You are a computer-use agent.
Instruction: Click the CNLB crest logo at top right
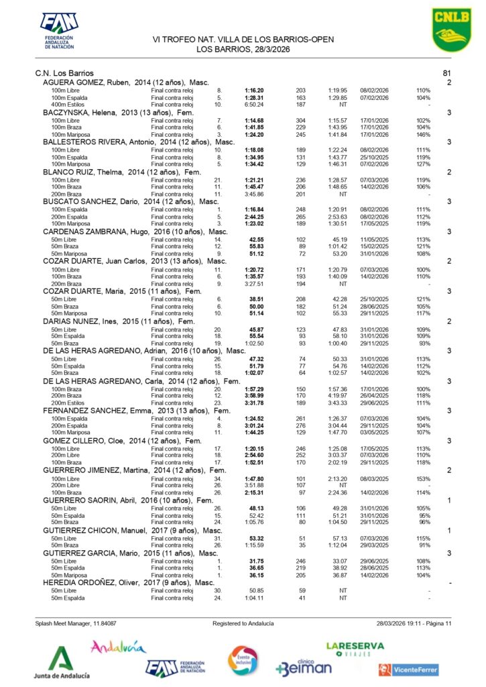click(448, 30)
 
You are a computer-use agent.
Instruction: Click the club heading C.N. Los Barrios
click(64, 72)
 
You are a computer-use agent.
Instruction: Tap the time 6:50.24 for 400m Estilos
click(253, 105)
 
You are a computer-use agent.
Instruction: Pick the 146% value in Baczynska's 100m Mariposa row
click(423, 135)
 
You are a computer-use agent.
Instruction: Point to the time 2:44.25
click(253, 217)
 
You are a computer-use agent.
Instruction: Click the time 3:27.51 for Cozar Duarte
click(253, 284)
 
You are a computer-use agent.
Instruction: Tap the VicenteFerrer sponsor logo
click(408, 669)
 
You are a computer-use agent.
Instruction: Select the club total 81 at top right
click(448, 72)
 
